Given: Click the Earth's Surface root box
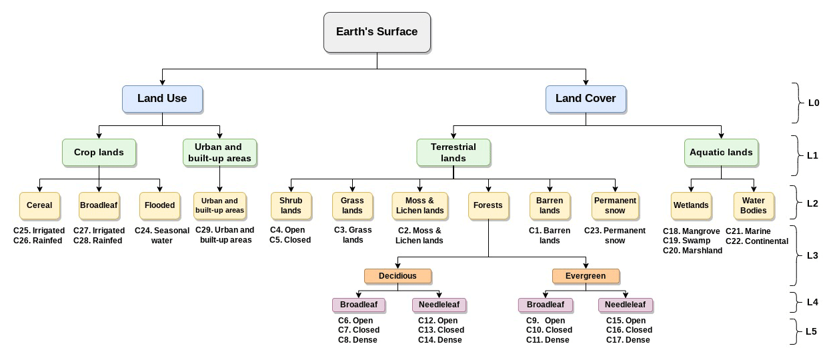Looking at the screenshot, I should (x=377, y=32).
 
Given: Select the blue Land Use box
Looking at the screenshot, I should (x=162, y=99).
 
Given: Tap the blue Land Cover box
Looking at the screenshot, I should (x=586, y=99).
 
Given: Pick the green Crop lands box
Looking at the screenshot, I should (x=99, y=152).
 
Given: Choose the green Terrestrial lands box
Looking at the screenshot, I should (x=454, y=152).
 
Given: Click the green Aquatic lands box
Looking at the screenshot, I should (x=721, y=152).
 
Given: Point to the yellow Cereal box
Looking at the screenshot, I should (x=39, y=205).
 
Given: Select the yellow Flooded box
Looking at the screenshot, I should (x=160, y=205).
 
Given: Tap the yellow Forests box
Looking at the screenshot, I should (x=488, y=205).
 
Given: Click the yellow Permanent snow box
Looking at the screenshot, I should (x=615, y=205).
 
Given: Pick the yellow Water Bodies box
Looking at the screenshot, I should (x=753, y=205).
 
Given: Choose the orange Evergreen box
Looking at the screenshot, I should (x=586, y=276).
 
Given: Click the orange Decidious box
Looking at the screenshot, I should (x=397, y=276).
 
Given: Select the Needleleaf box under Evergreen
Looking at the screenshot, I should (x=625, y=305).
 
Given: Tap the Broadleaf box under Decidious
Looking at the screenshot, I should (x=358, y=305).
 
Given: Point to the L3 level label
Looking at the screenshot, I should (x=812, y=255).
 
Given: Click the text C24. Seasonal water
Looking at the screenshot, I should (x=162, y=235).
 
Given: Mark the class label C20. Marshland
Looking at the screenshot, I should (x=692, y=251).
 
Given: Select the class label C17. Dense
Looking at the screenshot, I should (x=628, y=340).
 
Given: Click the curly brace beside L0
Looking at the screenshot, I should (x=795, y=103).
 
